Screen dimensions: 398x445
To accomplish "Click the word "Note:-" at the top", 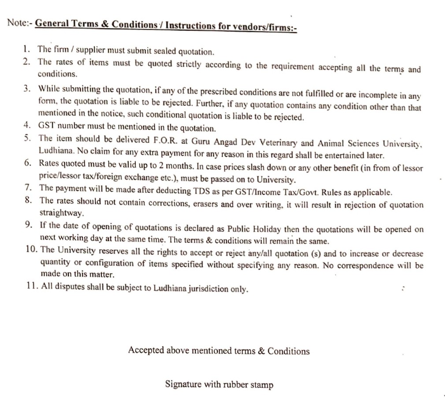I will click(19, 22).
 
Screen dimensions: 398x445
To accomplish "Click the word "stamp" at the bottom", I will click(262, 385).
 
